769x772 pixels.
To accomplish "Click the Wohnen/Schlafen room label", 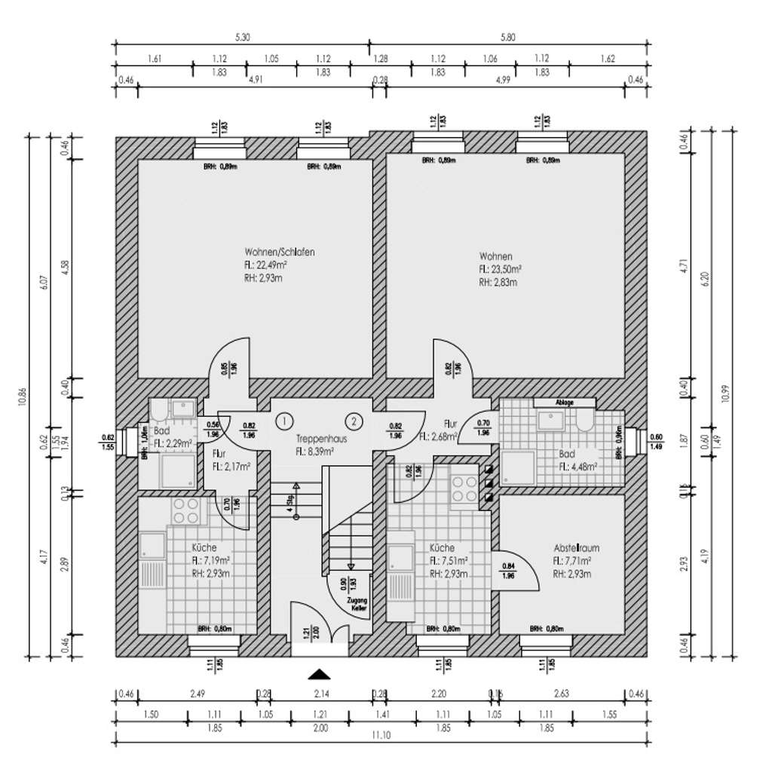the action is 279,252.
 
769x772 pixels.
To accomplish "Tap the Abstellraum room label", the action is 575,548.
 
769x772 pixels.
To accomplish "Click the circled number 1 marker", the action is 284,420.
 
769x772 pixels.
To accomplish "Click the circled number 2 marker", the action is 355,420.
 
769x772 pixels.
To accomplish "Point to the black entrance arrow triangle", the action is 320,673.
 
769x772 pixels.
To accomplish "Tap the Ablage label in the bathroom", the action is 565,403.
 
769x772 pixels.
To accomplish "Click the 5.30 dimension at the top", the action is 243,38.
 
